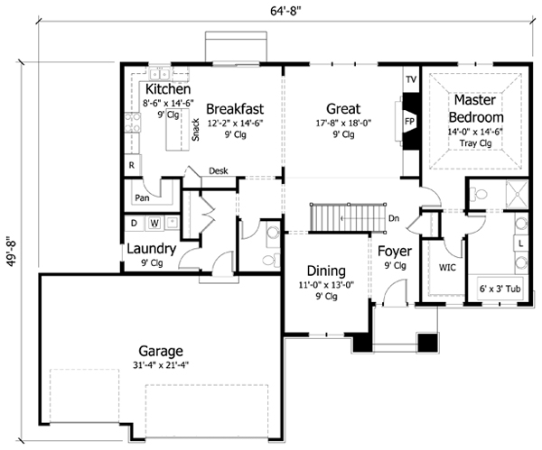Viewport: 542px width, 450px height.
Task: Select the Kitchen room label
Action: (167, 90)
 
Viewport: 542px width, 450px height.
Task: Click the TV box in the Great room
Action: (410, 79)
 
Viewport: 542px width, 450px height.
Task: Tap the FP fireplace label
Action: (408, 120)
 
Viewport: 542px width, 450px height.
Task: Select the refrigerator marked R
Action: (132, 165)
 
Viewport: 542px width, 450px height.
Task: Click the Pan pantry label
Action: (142, 197)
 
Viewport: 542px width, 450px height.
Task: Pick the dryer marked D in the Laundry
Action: (134, 222)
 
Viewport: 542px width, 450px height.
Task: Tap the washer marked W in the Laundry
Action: (154, 222)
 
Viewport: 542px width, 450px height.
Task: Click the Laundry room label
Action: (150, 249)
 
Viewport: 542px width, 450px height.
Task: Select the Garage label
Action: (162, 351)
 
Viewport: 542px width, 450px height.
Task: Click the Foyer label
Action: (395, 251)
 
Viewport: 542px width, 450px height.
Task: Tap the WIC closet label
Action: (447, 268)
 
